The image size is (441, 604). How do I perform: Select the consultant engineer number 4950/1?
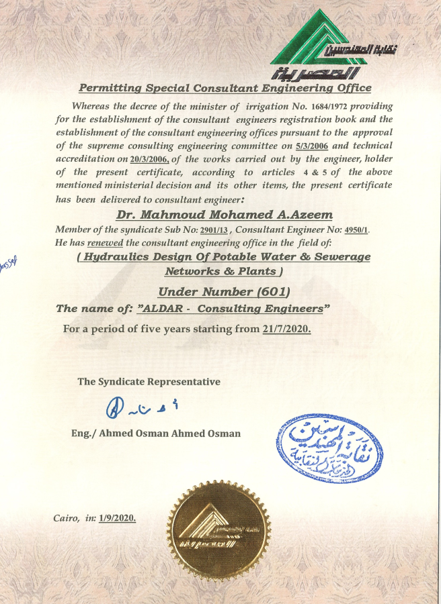(356, 230)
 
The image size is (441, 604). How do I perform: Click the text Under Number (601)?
(224, 291)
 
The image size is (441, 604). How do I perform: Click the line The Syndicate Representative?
(149, 381)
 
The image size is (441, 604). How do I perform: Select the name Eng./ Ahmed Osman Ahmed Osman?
(156, 433)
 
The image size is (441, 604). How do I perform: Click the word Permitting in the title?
(110, 87)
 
